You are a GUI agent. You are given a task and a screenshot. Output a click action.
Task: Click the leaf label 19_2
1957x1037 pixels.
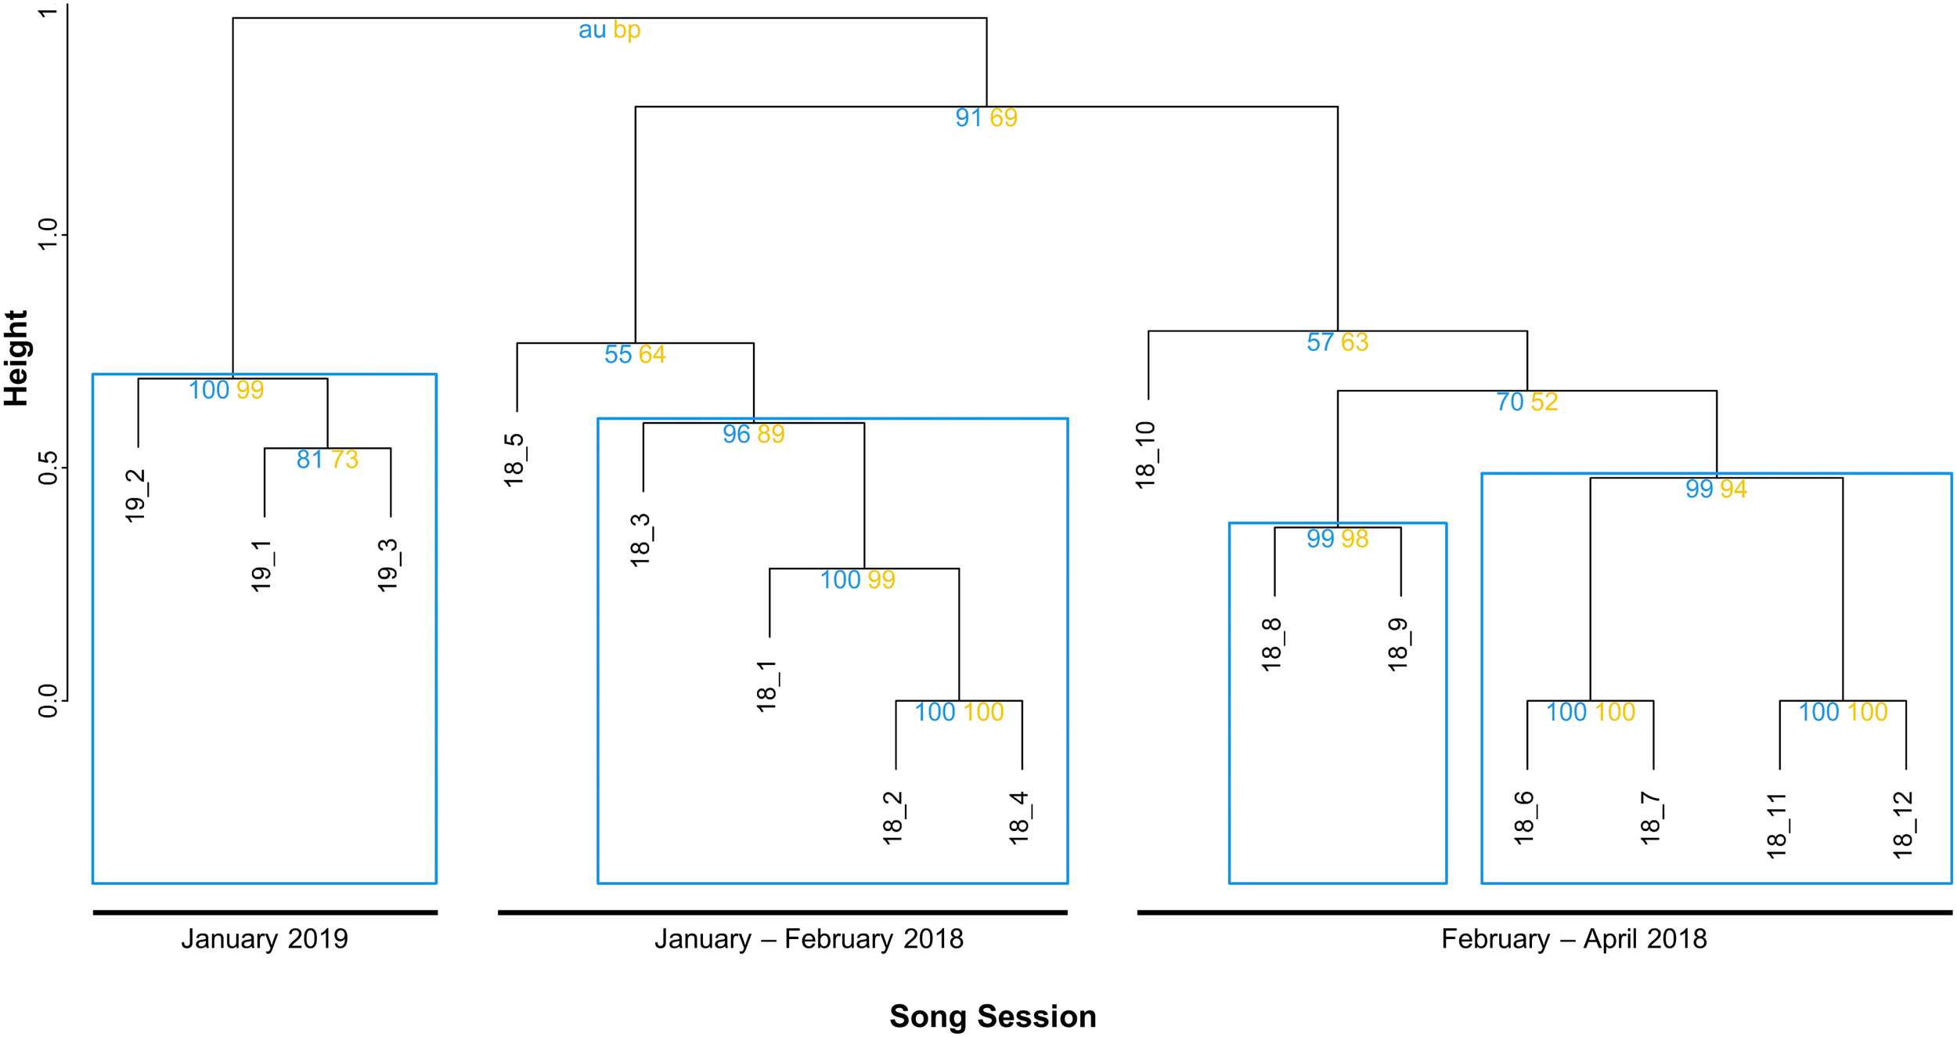(x=136, y=496)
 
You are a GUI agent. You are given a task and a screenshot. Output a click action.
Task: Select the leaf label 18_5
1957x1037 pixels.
(x=515, y=460)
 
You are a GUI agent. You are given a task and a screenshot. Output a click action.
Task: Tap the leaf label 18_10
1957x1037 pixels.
(x=1147, y=455)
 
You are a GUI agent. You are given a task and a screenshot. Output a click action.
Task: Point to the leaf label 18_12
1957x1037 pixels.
(x=1904, y=825)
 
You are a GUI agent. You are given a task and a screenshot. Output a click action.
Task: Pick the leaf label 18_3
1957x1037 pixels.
(x=641, y=540)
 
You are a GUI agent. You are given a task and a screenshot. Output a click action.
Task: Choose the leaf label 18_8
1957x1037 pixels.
(x=1273, y=645)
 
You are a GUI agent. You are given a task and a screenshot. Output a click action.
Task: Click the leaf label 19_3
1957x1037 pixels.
(x=389, y=565)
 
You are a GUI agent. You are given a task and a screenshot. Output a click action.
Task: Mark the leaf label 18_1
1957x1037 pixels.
(x=768, y=686)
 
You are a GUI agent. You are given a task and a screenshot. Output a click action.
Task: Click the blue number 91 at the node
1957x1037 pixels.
(x=968, y=118)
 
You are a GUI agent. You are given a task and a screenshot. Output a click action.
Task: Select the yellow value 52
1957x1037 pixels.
(x=1544, y=403)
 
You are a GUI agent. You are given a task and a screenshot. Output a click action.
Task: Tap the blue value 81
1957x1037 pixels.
(x=310, y=460)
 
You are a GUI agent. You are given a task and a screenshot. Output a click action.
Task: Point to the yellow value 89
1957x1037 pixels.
(x=771, y=435)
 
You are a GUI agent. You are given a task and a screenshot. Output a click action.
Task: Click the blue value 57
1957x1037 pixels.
(x=1321, y=343)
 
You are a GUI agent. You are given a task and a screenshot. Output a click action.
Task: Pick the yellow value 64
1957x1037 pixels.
(x=652, y=355)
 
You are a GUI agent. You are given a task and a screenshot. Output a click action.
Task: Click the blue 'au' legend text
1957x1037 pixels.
(x=593, y=31)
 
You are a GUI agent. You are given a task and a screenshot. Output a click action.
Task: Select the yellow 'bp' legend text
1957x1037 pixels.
(x=627, y=31)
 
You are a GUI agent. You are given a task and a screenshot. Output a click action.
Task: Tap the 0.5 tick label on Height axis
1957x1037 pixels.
(x=49, y=468)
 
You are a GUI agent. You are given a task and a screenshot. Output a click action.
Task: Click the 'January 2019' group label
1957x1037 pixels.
(x=265, y=939)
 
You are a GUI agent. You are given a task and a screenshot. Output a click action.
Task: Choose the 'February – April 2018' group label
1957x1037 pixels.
(x=1574, y=939)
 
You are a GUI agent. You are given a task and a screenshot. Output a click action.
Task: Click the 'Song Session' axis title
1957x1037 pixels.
(x=993, y=1017)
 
